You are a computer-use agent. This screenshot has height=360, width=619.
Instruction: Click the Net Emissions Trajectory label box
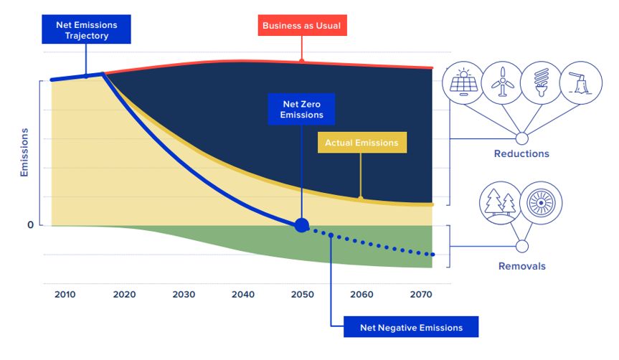[x=86, y=29]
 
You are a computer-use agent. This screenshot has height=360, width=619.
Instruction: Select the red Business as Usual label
[x=301, y=26]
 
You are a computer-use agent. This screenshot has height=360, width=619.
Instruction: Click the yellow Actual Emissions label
[x=362, y=143]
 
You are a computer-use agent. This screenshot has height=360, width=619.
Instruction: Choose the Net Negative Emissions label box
[x=411, y=328]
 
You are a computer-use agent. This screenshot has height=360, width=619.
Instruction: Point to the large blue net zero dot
[x=302, y=225]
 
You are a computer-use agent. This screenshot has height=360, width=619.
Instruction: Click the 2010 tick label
[x=65, y=295]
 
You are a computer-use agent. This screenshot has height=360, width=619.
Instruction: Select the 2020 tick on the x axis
[x=124, y=295]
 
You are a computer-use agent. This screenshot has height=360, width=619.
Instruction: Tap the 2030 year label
[x=184, y=295]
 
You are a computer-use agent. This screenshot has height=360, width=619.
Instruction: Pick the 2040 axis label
[x=242, y=295]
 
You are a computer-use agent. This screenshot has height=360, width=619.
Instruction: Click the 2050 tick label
[x=302, y=295]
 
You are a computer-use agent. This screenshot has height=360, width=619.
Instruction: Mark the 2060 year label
[x=362, y=295]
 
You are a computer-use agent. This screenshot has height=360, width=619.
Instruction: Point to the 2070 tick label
[x=421, y=295]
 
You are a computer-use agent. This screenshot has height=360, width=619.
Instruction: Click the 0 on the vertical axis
[x=30, y=225]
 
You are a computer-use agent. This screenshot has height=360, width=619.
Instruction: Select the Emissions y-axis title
[x=24, y=152]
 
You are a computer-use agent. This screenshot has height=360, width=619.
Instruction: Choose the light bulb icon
[x=540, y=83]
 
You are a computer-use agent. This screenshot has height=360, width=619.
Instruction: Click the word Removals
[x=521, y=266]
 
